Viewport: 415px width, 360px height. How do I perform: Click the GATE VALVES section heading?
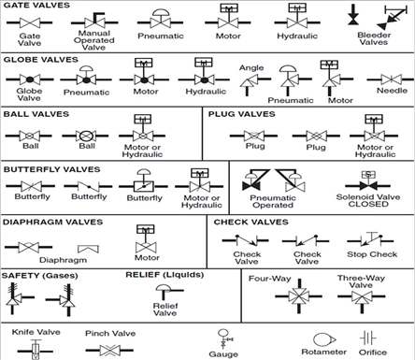[x=36, y=6]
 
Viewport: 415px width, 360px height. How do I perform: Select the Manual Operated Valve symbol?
[x=94, y=21]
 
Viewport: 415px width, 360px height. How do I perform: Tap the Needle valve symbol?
[x=391, y=79]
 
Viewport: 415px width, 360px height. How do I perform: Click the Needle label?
[x=392, y=91]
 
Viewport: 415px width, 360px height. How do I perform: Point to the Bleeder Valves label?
[x=374, y=38]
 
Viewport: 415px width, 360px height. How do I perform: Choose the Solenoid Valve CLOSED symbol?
[x=368, y=181]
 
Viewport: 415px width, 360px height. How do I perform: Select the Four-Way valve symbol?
[x=299, y=296]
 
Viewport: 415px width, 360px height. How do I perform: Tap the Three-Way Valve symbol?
[x=362, y=298]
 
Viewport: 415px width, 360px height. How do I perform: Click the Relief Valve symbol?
[x=168, y=292]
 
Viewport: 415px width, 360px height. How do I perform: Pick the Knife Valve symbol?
[x=36, y=349]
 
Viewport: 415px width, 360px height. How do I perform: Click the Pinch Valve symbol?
[x=109, y=351]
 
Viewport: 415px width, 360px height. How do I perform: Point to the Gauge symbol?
[x=225, y=338]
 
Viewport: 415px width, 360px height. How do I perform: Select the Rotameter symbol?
[x=324, y=339]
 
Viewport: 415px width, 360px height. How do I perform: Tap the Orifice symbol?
[x=368, y=338]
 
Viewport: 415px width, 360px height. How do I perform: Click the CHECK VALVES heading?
[x=251, y=222]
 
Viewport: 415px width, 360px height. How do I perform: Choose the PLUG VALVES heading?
[x=242, y=114]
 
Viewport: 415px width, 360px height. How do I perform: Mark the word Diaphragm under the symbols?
[x=63, y=260]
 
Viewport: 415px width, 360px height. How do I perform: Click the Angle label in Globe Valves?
[x=251, y=68]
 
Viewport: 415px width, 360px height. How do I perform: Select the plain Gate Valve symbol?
[x=30, y=22]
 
